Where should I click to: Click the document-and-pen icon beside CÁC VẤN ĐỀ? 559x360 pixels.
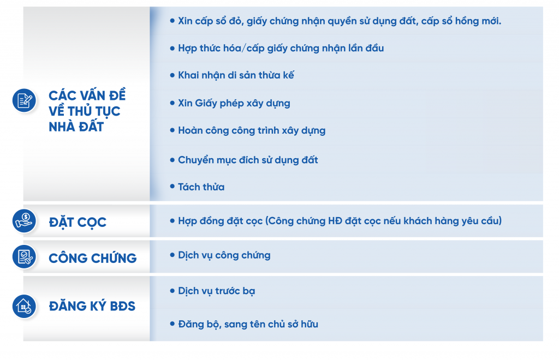coord(24,100)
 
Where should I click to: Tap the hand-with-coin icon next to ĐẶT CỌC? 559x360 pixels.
coord(24,221)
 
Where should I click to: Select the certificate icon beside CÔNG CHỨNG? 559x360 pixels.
coord(24,256)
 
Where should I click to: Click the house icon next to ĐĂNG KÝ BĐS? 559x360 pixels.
coord(24,306)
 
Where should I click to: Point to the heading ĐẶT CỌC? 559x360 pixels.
coord(78,223)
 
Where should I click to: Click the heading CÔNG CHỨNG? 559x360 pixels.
coord(93,258)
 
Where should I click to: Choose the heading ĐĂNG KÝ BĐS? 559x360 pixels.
coord(92,307)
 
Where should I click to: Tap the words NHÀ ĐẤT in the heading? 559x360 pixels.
coord(76,127)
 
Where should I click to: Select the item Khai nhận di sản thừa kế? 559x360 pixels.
coord(236,75)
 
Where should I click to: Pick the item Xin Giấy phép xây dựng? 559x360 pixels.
coord(234,103)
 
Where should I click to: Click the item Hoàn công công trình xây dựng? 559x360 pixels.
coord(251,131)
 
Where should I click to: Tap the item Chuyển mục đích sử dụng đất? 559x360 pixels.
coord(248,160)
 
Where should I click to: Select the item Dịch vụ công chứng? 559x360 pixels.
coord(224,255)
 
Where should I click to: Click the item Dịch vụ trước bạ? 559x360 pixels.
coord(216,291)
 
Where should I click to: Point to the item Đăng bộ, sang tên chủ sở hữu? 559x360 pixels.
coord(248,325)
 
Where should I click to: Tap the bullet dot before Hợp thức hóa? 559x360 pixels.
coord(172,48)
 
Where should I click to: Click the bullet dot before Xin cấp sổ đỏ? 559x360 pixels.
coord(172,21)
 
